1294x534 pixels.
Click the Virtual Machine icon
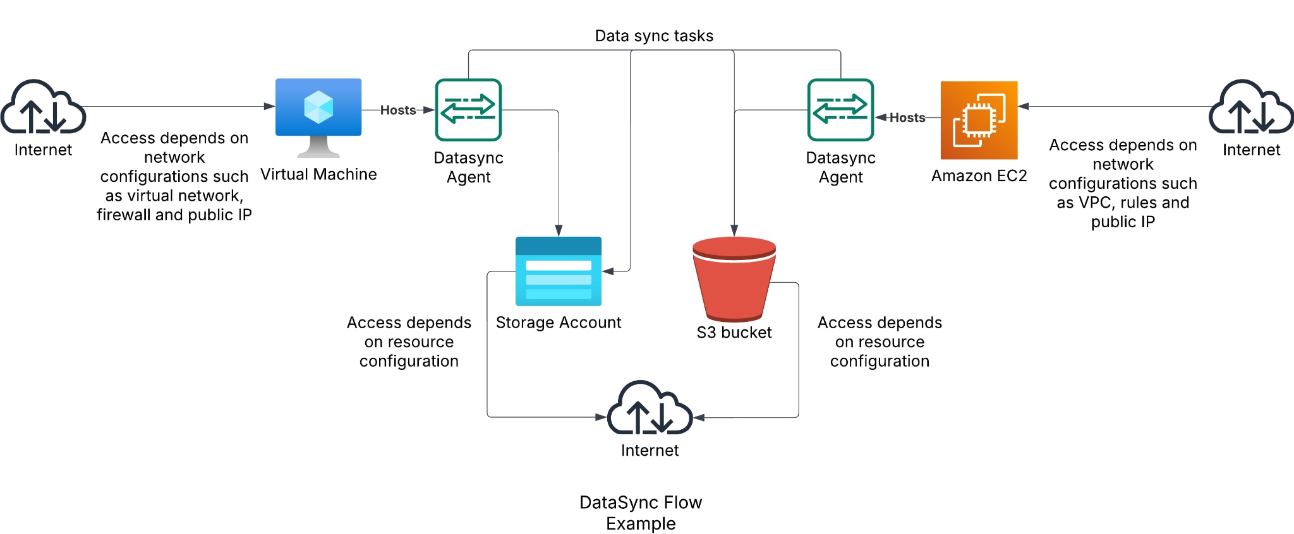pos(318,114)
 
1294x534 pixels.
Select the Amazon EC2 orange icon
pos(979,120)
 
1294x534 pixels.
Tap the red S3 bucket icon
pos(734,278)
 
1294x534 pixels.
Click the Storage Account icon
pos(559,271)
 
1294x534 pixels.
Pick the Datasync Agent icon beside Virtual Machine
pos(468,110)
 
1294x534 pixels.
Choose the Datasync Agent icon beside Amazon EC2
pos(840,110)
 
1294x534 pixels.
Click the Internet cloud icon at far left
pos(43,107)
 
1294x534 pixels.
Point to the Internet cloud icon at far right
pos(1251,107)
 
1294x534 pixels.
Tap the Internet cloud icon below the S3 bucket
pos(650,408)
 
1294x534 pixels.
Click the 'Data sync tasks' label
pos(654,36)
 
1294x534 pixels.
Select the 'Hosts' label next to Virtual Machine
pos(398,110)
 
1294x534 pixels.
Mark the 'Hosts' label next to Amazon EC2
pos(907,117)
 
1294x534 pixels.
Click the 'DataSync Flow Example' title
pos(641,513)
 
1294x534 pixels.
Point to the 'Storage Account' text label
pos(559,323)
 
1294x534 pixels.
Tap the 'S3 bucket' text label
pos(734,333)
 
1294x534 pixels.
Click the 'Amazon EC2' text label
pos(979,175)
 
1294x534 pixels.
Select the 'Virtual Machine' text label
pos(318,174)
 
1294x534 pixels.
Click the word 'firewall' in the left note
pos(124,215)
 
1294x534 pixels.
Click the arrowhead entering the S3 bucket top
pos(734,230)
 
